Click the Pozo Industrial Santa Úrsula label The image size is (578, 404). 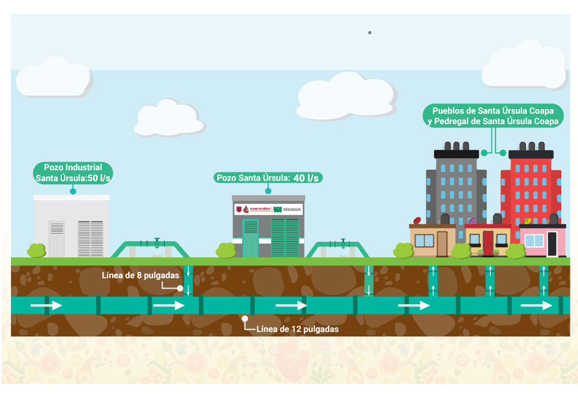coord(73,173)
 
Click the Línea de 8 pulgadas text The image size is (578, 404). coord(140,275)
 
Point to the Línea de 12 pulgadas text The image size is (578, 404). coord(297,329)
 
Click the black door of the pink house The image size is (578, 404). coord(552,243)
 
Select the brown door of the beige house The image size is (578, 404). coord(442,243)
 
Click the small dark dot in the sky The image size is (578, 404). coord(369,32)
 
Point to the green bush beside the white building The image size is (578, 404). coord(36,250)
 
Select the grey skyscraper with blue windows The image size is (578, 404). coord(456,185)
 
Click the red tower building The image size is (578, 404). coord(530,185)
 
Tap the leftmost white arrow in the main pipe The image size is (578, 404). coord(46,305)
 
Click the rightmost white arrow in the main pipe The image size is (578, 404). coord(536,305)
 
